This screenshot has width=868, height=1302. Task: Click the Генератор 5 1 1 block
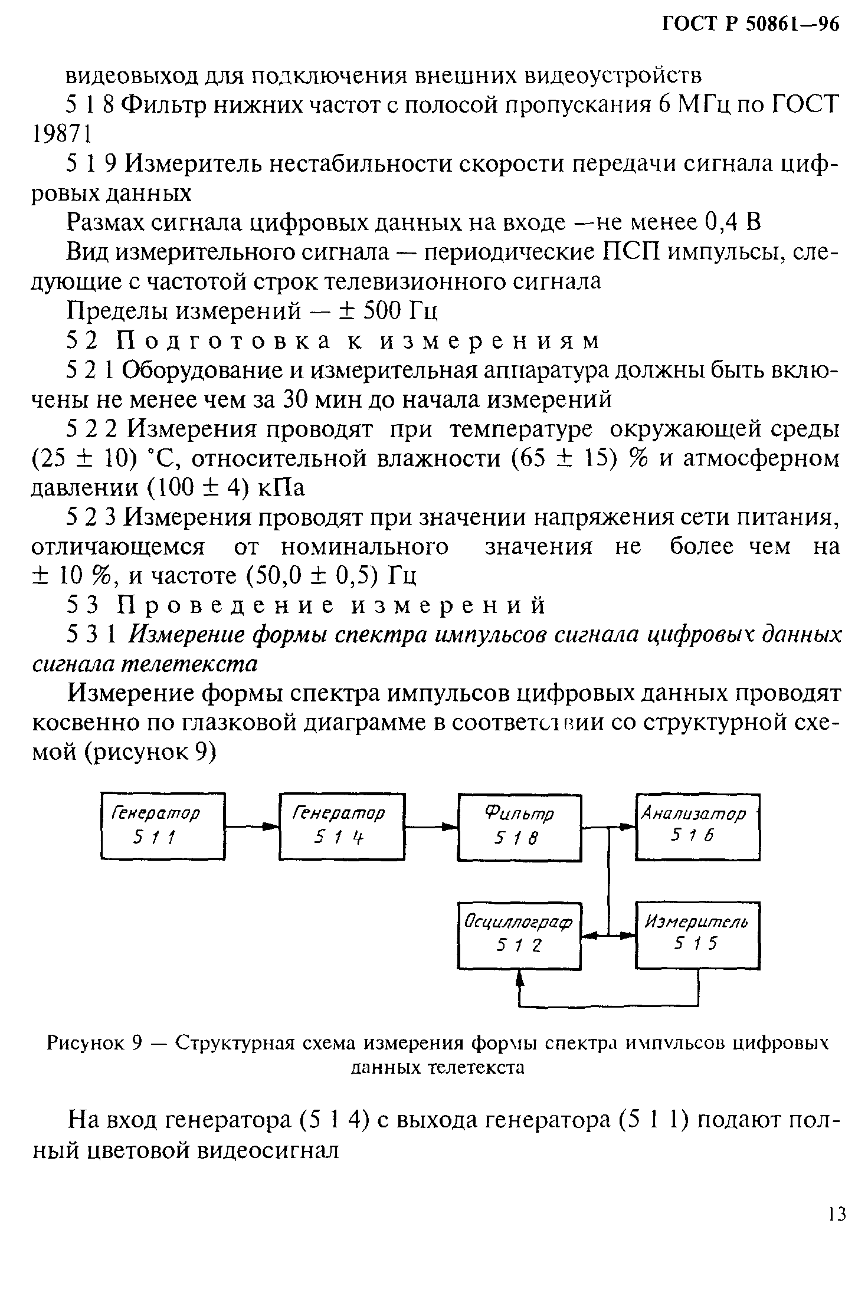point(163,825)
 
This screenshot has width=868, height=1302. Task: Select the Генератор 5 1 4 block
point(342,825)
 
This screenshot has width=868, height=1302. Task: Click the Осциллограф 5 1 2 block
point(519,935)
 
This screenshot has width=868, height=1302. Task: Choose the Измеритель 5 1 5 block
point(697,935)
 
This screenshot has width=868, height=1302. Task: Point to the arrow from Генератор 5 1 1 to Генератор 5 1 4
point(252,827)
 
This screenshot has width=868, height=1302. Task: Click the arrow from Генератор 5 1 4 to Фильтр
point(431,827)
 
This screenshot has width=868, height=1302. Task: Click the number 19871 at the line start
point(61,135)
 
